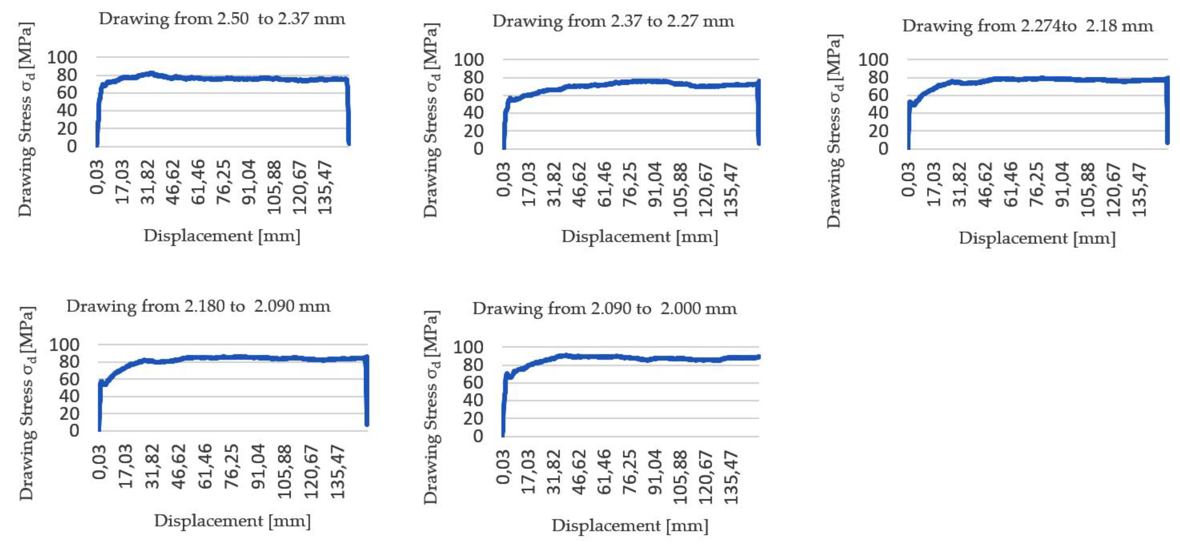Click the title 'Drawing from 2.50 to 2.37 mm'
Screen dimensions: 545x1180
point(222,19)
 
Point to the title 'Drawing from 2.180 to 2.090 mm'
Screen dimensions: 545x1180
point(198,306)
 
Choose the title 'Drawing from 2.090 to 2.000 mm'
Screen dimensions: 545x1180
point(605,309)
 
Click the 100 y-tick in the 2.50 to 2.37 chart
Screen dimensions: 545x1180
point(62,58)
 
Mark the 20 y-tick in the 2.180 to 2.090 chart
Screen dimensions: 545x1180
point(69,414)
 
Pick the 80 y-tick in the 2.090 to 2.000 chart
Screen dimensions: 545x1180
point(473,365)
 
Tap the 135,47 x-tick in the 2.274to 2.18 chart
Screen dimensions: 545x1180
point(1139,189)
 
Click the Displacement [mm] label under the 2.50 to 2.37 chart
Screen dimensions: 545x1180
point(222,236)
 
